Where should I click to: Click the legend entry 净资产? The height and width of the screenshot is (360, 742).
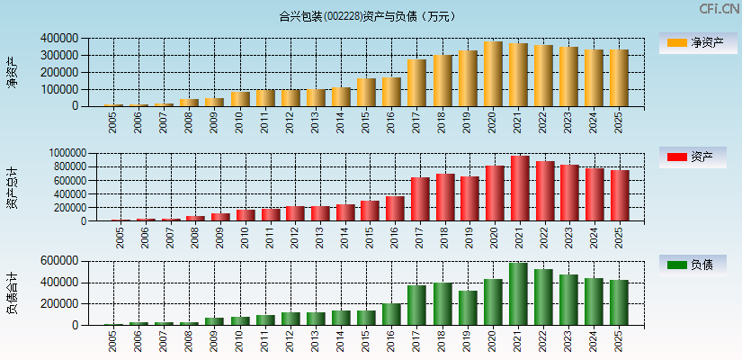pyautogui.click(x=693, y=43)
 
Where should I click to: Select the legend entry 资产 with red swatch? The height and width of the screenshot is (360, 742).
pyautogui.click(x=693, y=157)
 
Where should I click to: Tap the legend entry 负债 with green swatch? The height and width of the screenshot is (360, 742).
pyautogui.click(x=693, y=265)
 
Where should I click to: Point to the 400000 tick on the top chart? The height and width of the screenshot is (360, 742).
pyautogui.click(x=58, y=39)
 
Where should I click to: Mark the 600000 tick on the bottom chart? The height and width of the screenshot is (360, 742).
pyautogui.click(x=58, y=261)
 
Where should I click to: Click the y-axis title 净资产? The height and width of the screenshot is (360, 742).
pyautogui.click(x=12, y=72)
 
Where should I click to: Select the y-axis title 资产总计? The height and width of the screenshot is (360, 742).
pyautogui.click(x=12, y=187)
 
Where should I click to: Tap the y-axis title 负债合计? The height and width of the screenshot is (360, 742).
pyautogui.click(x=12, y=293)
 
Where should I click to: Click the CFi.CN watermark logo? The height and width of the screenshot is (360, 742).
pyautogui.click(x=719, y=9)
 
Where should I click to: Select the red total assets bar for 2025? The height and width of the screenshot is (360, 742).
pyautogui.click(x=620, y=195)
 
